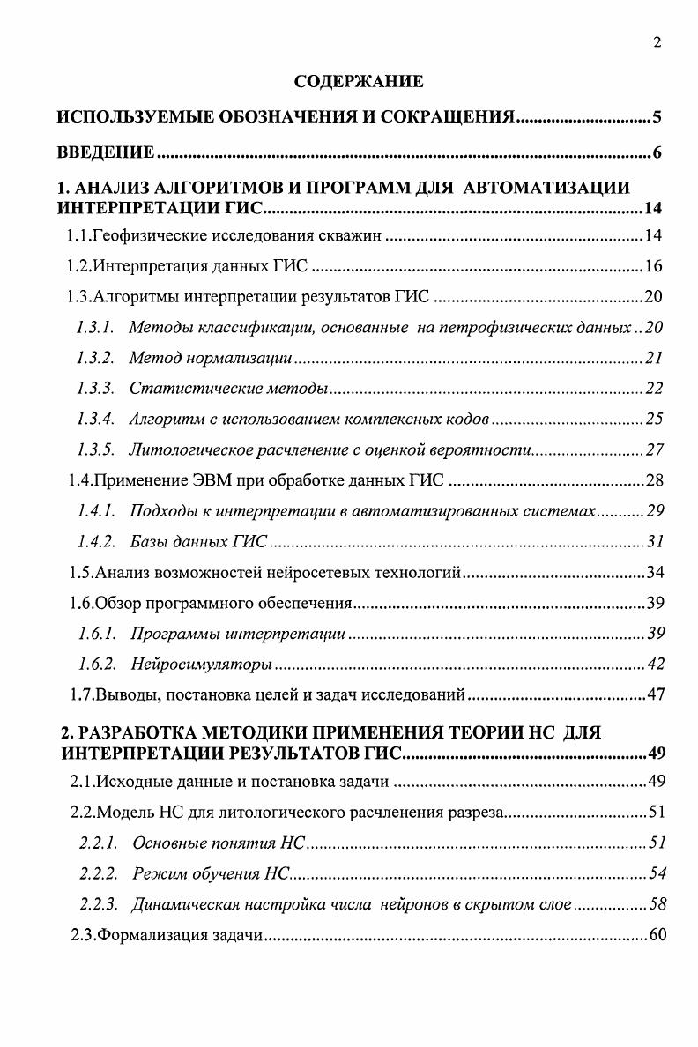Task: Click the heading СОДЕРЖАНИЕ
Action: coord(358,83)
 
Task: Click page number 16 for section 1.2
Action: coord(652,266)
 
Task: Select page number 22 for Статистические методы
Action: coord(652,389)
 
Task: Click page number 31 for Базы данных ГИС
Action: coord(654,542)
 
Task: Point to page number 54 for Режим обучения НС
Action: coord(656,873)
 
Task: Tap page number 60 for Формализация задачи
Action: coord(657,935)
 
